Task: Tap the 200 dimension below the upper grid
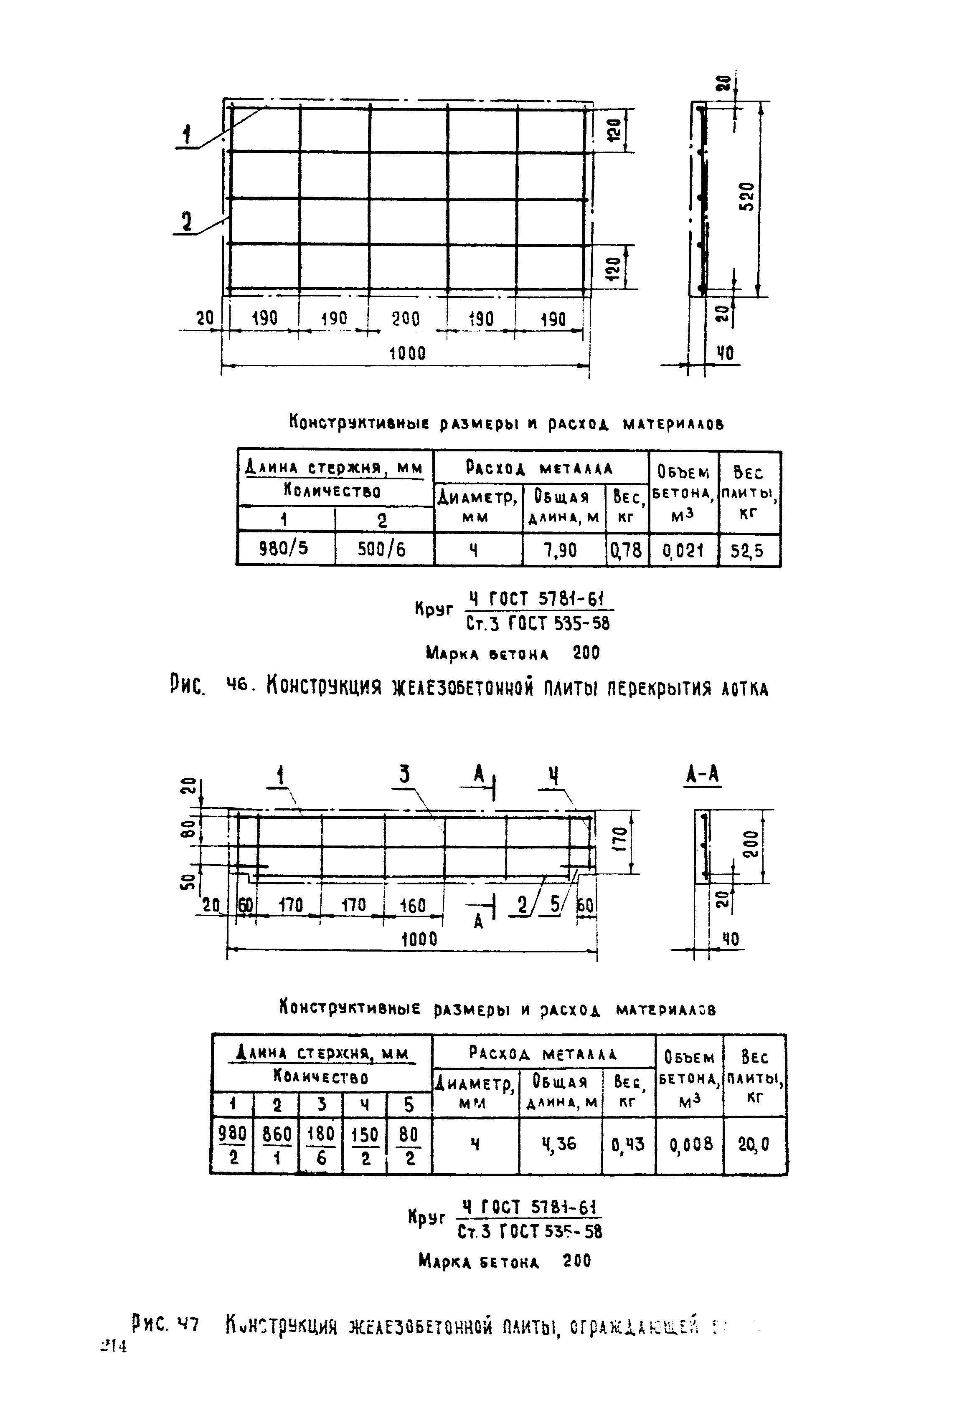pos(406,319)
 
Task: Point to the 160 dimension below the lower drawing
pos(413,906)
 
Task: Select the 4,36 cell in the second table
pos(559,1144)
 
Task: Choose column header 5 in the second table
pos(409,1104)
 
